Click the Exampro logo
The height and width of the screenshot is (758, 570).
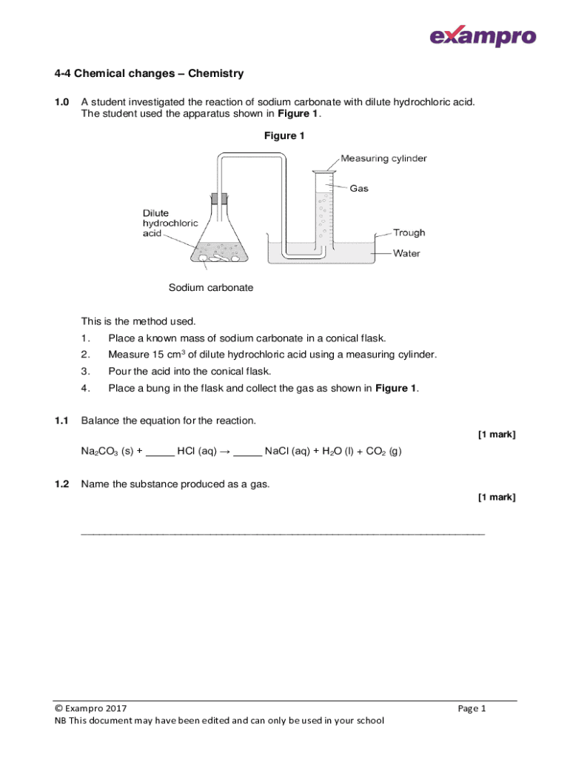coord(483,36)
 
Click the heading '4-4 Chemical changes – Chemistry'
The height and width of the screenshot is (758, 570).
coord(149,74)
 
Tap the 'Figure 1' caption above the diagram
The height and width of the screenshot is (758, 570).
coord(284,136)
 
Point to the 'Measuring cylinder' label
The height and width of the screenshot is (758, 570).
coord(383,158)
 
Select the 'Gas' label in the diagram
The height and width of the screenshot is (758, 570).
coord(359,189)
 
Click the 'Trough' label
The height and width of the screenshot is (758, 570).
coord(409,232)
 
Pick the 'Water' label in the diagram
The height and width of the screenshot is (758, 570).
coord(406,253)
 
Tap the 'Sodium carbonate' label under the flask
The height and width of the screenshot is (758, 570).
coord(211,288)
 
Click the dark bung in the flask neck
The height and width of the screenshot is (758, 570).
coord(219,199)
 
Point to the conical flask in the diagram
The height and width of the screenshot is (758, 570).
coord(218,241)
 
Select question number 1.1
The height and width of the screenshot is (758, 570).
coord(61,421)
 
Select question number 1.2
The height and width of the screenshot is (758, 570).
coord(61,484)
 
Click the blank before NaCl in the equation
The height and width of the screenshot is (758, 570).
coord(247,452)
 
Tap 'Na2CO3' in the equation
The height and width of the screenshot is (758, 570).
coord(101,452)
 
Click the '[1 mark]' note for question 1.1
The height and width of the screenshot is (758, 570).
coord(496,435)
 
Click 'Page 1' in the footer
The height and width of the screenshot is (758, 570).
coord(472,708)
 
